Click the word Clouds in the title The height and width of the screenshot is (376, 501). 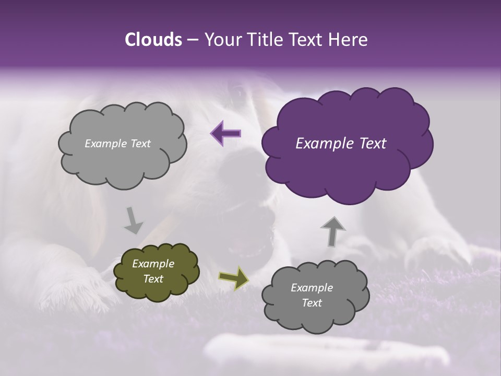[x=153, y=40]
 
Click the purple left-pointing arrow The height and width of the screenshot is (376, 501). [x=226, y=133]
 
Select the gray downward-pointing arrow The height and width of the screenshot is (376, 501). [x=133, y=220]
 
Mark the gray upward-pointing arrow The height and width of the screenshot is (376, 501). [x=332, y=231]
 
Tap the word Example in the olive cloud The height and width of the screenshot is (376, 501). [x=153, y=264]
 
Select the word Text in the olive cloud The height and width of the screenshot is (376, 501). [x=153, y=279]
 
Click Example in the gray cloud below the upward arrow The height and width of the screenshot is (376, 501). [x=312, y=288]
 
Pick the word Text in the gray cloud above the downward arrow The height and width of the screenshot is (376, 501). [x=139, y=144]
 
